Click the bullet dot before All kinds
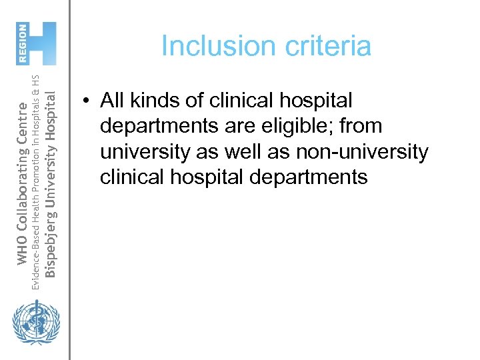coord(87,101)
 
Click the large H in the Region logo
coord(43,43)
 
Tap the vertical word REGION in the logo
coord(22,43)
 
